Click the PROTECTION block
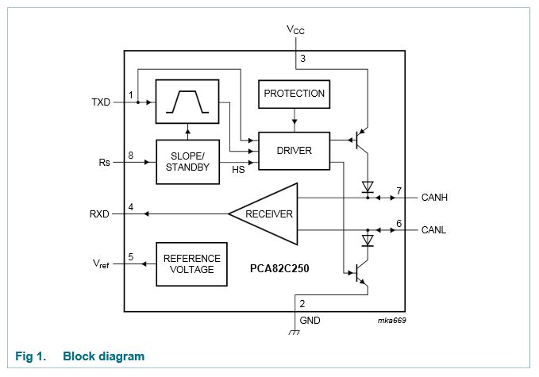tap(295, 94)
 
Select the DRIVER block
tap(294, 151)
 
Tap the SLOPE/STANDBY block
tap(187, 162)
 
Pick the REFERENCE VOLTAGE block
tap(191, 264)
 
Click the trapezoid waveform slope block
tap(187, 102)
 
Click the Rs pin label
tap(104, 162)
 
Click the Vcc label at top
tap(295, 30)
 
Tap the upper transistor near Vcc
tap(362, 141)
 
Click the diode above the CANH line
tap(367, 187)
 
